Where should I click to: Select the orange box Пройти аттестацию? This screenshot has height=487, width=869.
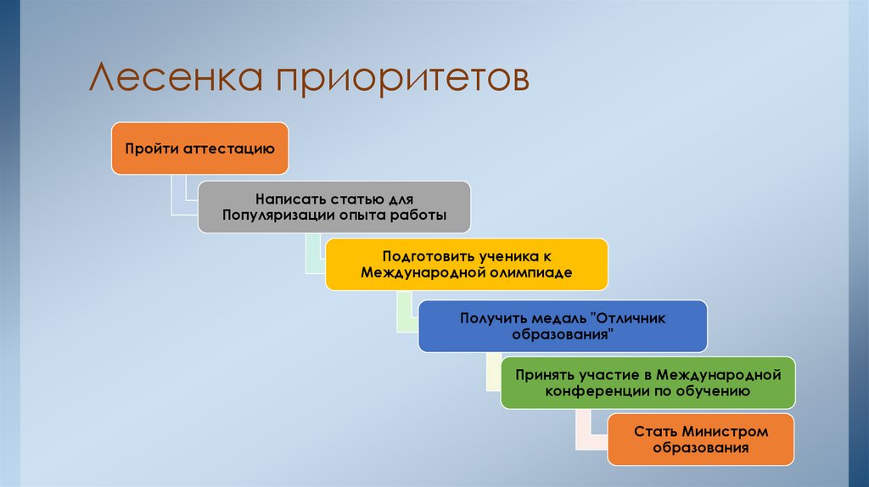pos(199,148)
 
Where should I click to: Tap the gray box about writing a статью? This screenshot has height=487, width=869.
pos(334,207)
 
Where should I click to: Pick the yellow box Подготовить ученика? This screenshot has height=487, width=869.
pos(466,264)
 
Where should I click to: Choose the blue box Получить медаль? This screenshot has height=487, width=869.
pos(562,326)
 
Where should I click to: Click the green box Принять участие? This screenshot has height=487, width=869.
pos(648,383)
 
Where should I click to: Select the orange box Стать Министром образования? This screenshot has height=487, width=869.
pos(701,439)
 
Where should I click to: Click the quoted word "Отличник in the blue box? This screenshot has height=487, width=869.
pos(630,318)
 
